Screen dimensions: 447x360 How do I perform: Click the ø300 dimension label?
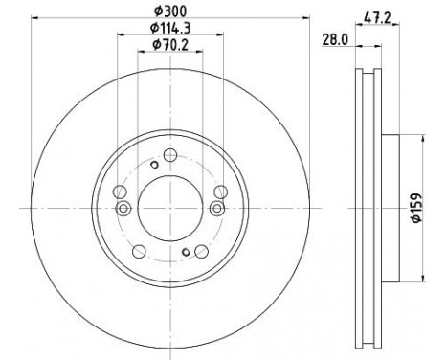pos(170,11)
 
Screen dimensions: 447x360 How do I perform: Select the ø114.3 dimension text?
pos(170,28)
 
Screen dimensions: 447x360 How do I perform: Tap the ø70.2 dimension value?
pos(170,45)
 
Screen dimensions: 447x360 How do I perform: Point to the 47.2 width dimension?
pos(377,18)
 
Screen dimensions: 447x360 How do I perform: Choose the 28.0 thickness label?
pos(335,40)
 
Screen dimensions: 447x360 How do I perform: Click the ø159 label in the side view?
pos(416,208)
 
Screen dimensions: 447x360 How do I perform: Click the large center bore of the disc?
pos(170,209)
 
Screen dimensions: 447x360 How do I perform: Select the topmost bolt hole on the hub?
pos(170,155)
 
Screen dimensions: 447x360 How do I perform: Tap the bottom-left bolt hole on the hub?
pos(139,252)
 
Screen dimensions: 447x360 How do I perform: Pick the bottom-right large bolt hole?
pos(202,252)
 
